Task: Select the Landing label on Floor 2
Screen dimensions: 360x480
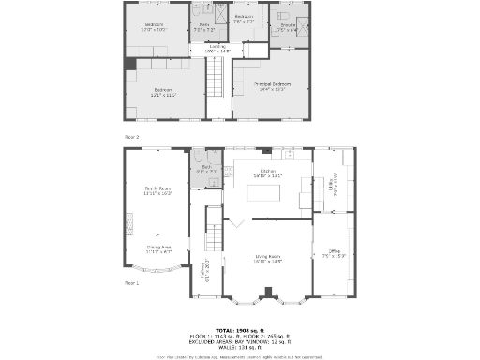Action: [217, 47]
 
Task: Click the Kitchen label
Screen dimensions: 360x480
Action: [267, 172]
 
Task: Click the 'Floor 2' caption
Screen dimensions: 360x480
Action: [131, 138]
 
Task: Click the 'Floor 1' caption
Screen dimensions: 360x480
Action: [131, 282]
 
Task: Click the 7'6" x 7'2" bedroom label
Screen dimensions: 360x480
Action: [244, 20]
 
